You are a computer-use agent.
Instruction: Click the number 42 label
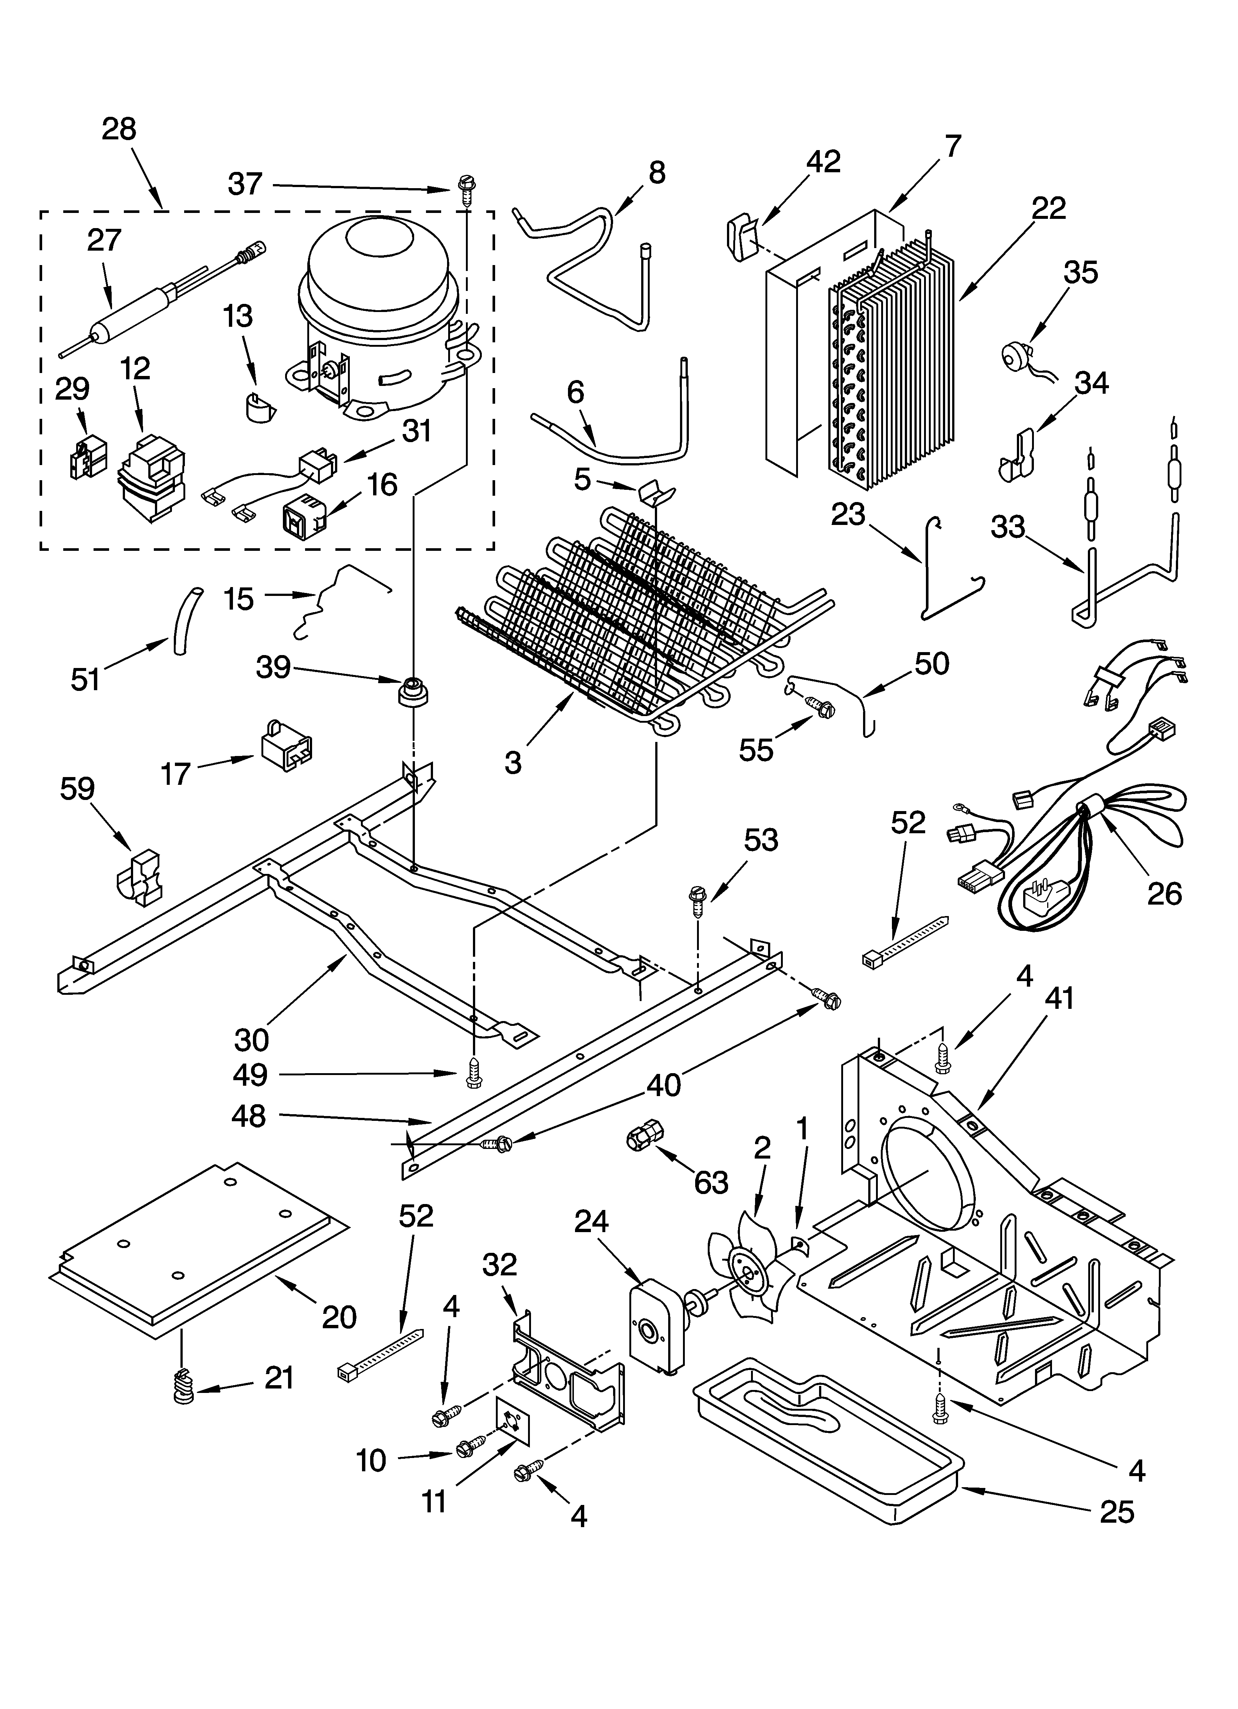pos(823,162)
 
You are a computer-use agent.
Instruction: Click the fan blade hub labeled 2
pos(747,1272)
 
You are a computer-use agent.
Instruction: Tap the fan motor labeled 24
pos(650,1332)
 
